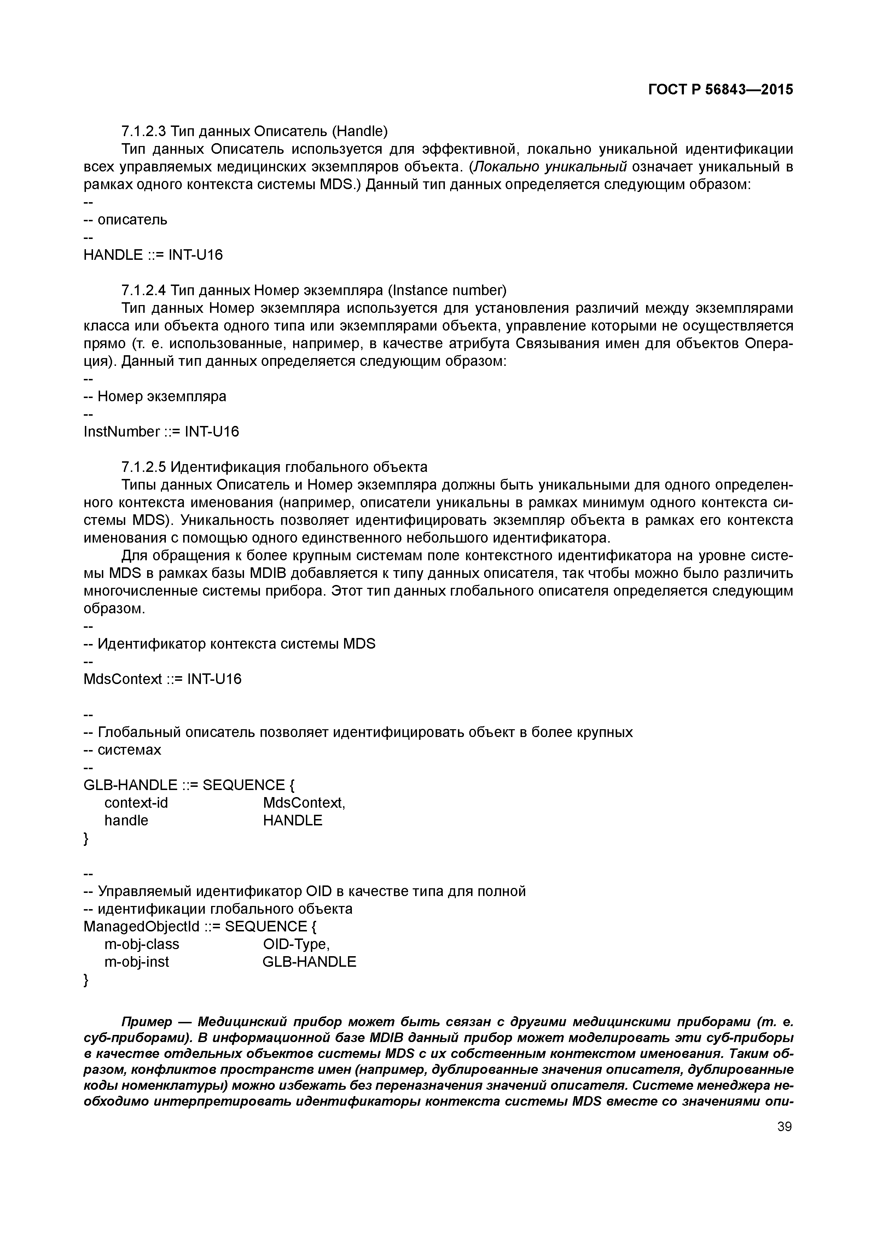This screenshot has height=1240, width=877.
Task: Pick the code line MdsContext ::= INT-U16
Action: [162, 679]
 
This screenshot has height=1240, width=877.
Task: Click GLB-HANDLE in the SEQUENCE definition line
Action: [130, 785]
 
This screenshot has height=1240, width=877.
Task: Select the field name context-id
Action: [136, 802]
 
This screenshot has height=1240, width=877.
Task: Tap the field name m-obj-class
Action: [141, 944]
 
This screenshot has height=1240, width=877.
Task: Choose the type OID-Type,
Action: [296, 944]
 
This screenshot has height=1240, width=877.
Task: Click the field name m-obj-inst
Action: [137, 961]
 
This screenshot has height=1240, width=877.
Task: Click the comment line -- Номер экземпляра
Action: [155, 396]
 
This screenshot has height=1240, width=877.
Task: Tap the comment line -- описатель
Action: [126, 220]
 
